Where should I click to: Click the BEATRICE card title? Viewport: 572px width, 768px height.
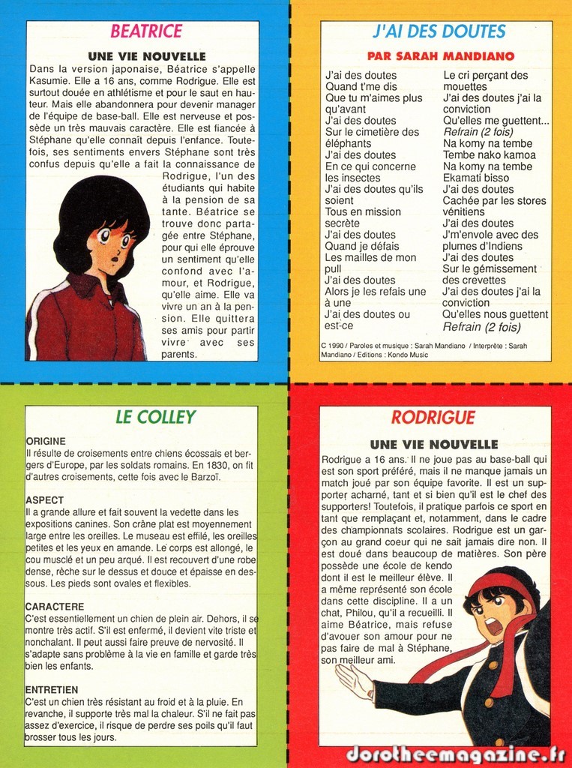coord(146,31)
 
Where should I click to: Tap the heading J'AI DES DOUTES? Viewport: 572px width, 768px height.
coord(439,31)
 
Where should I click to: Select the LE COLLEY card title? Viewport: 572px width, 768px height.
coord(155,417)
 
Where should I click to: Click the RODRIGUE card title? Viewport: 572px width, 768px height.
coord(433,418)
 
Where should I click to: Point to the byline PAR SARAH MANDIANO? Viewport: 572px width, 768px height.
coord(440,56)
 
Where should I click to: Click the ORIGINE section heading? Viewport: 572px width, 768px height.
coord(46,441)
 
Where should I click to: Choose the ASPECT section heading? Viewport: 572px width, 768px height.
coord(44,499)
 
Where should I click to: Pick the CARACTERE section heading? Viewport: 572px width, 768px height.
coord(55,606)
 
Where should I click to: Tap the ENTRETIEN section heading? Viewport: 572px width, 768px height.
coord(52,689)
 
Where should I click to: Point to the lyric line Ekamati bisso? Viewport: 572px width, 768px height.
coord(475,178)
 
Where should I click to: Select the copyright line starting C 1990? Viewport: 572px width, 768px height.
coord(424,349)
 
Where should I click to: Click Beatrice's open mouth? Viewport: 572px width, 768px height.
coord(115,260)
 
